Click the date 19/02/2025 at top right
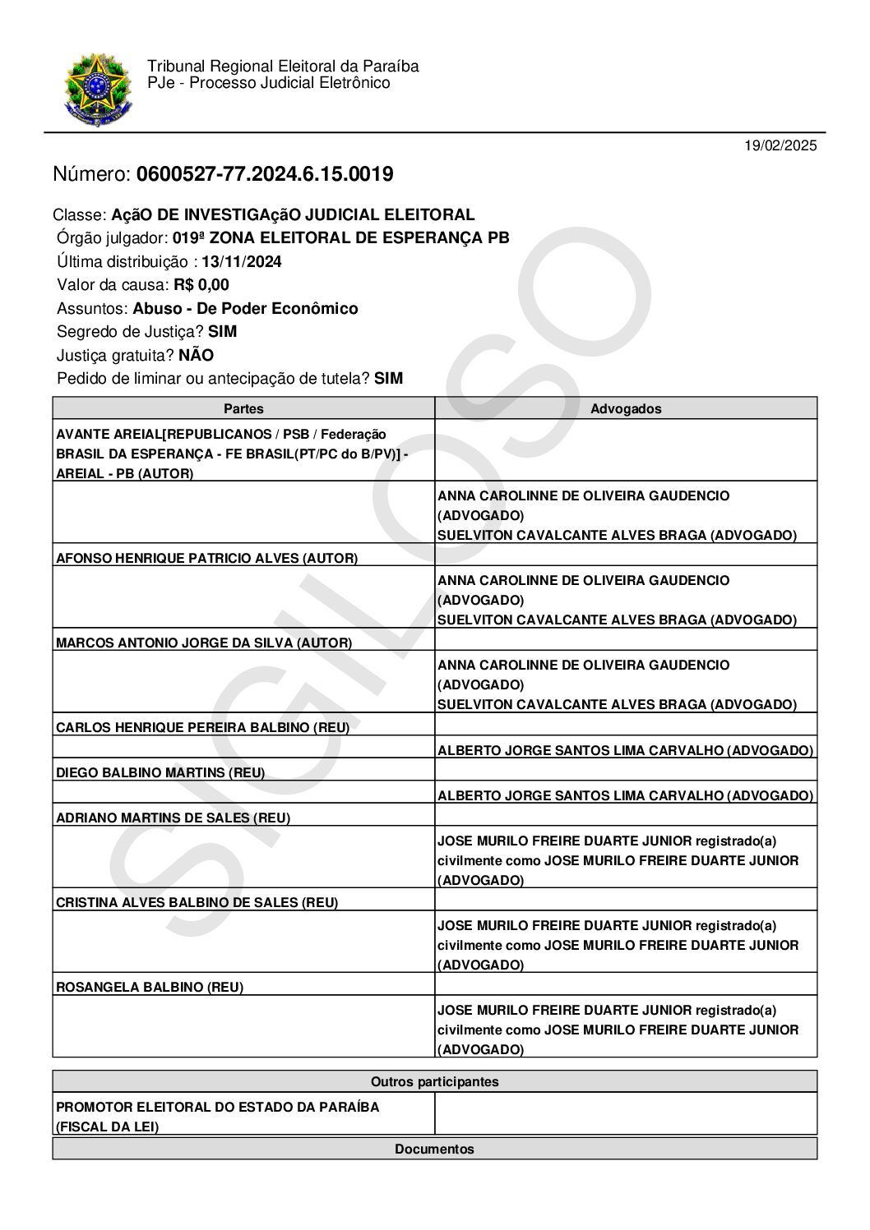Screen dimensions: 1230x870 click(x=780, y=146)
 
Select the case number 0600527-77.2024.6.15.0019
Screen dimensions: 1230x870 click(x=265, y=174)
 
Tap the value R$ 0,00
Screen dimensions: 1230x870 click(x=201, y=285)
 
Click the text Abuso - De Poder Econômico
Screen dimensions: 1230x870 click(x=245, y=309)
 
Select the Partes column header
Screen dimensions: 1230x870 click(x=243, y=408)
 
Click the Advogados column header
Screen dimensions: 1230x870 click(x=626, y=408)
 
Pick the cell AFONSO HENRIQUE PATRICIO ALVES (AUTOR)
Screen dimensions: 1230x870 click(x=206, y=558)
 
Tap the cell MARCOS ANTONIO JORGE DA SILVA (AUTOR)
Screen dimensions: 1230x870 click(x=204, y=643)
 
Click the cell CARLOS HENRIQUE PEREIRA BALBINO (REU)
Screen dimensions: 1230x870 click(x=202, y=727)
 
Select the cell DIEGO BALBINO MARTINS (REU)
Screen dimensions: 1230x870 click(x=160, y=772)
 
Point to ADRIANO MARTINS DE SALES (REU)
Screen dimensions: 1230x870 click(x=173, y=818)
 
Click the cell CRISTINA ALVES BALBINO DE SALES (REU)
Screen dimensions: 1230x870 click(x=197, y=902)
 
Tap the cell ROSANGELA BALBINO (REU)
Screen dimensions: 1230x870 click(x=150, y=987)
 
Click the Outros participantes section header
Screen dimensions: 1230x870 click(x=434, y=1081)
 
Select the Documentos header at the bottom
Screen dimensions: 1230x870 click(x=434, y=1149)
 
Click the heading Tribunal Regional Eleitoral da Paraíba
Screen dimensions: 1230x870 click(x=283, y=67)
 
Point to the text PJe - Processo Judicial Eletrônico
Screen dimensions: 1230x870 click(x=269, y=83)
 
